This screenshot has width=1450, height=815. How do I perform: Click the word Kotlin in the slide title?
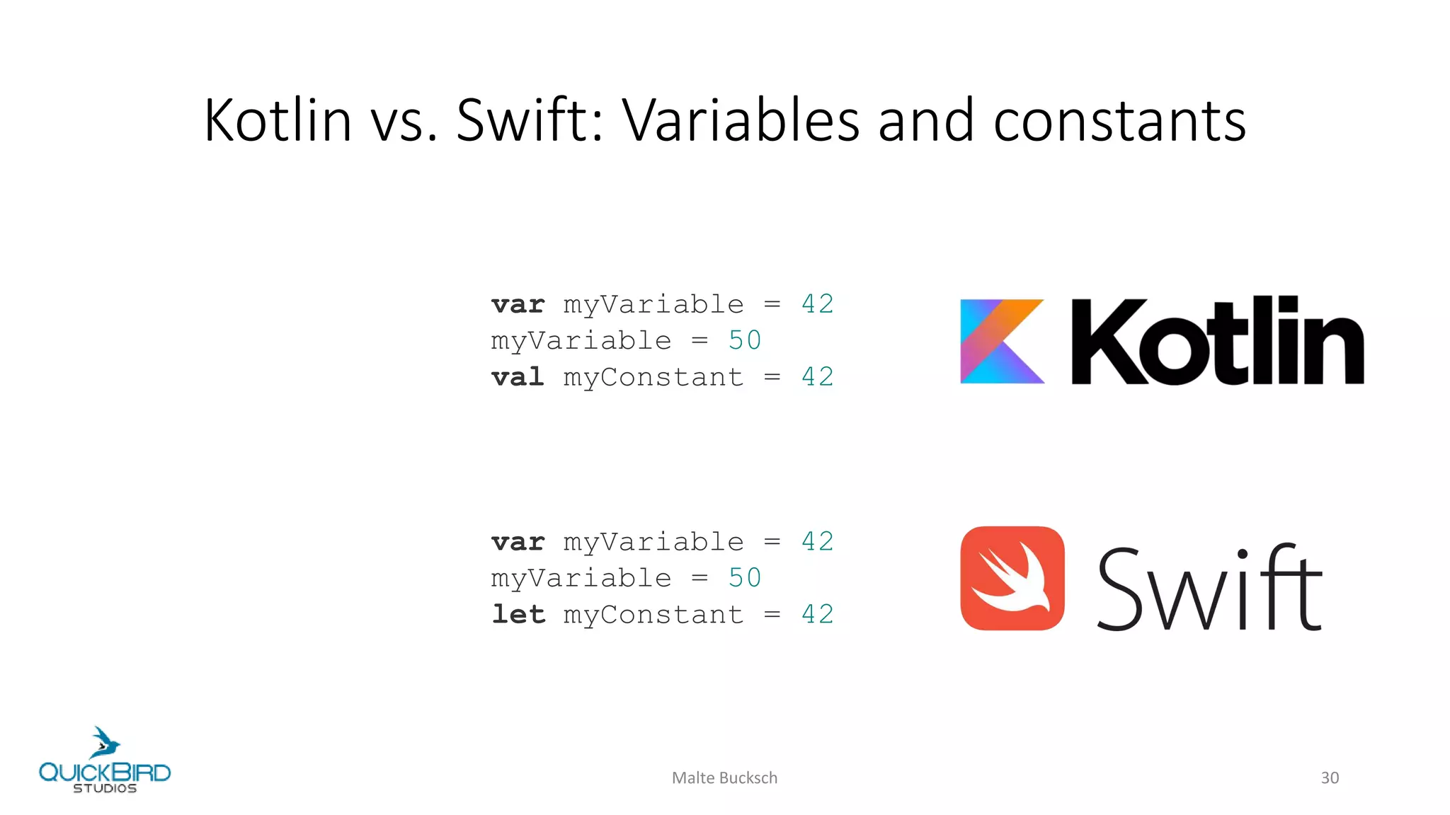coord(278,120)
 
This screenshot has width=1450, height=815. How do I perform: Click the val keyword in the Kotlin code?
coord(518,377)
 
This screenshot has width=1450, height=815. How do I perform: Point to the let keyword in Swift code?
coord(518,615)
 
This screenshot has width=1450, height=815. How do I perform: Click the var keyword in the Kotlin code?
coord(518,305)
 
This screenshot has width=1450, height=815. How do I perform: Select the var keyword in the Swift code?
coord(518,543)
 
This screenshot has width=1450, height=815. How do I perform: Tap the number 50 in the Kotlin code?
coord(745,341)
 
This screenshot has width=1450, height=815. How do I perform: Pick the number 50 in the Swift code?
coord(745,579)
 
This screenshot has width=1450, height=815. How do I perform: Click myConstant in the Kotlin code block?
coord(653,378)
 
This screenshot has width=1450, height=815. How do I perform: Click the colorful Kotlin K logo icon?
coord(1002,341)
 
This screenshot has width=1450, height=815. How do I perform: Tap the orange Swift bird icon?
coord(1012,578)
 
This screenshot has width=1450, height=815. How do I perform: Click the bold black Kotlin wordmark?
coord(1217,341)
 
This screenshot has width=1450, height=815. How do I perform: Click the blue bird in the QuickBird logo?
coord(105,743)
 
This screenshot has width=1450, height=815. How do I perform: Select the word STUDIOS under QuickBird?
coord(105,789)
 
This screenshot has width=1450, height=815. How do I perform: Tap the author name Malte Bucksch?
coord(724,778)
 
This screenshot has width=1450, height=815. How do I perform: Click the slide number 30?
coord(1330,778)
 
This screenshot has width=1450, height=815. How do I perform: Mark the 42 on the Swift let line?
coord(818,615)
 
